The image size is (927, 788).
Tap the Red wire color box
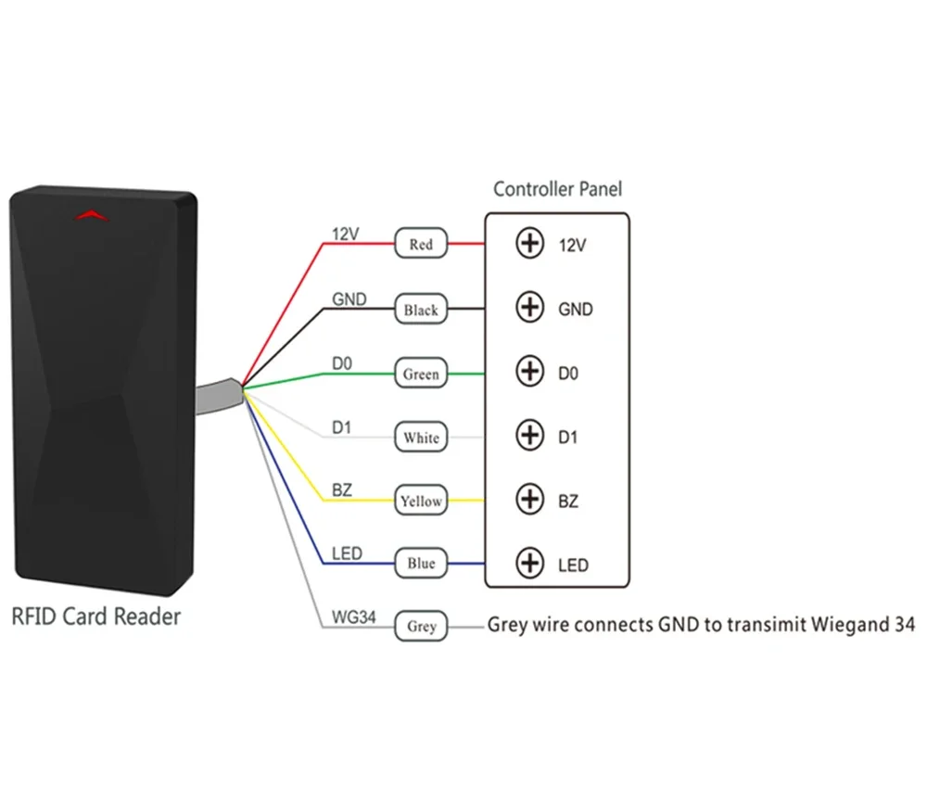point(421,245)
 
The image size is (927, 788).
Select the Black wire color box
point(421,310)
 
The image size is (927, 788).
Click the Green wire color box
point(421,375)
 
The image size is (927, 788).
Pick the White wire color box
point(421,437)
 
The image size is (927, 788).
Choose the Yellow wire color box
point(421,501)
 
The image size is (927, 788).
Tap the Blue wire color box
point(421,564)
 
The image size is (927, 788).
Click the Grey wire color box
point(421,627)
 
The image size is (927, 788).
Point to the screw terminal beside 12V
point(529,245)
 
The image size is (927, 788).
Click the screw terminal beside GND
point(529,308)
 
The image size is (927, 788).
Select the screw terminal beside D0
point(529,372)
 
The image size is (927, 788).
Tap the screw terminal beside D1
point(529,435)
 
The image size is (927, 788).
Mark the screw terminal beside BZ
point(529,500)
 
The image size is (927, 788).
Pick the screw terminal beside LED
point(529,563)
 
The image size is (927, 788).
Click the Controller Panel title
point(557,189)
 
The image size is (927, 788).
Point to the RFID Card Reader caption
point(95,616)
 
